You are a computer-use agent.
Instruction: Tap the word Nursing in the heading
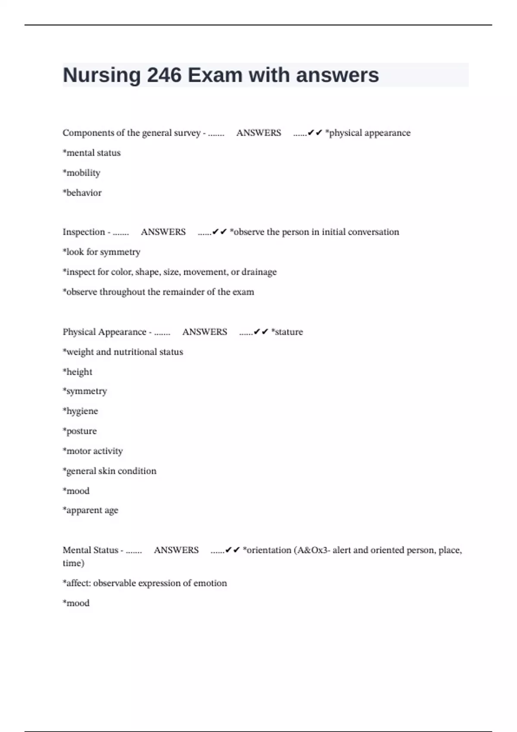tap(102, 75)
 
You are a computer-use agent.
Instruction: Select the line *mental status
tap(92, 153)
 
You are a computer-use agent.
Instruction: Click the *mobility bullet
tap(81, 173)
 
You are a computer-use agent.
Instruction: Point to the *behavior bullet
tap(82, 193)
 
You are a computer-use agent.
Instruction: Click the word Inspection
tap(84, 232)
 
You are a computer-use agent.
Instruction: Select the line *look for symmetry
tap(102, 252)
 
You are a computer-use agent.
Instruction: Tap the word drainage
tap(259, 272)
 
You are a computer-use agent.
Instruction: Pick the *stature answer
tap(287, 332)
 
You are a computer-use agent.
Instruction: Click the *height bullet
tap(78, 372)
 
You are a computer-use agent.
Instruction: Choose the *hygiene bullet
tap(81, 411)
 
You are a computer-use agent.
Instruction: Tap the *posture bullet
tap(80, 431)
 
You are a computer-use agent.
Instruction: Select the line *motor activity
tap(93, 451)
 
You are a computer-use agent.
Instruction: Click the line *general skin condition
tap(109, 471)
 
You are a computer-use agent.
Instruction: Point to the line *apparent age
tap(90, 511)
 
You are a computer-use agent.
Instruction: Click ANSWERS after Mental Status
tap(176, 550)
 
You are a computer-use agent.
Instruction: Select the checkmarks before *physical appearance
tap(315, 133)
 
